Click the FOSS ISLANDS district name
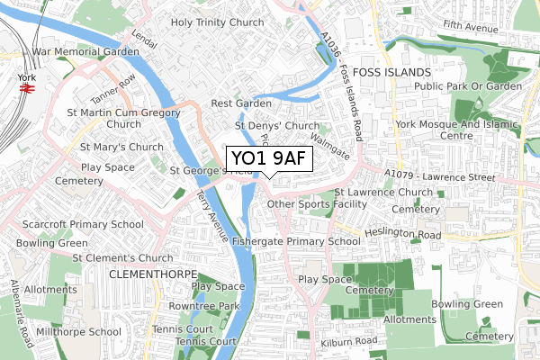coord(392,70)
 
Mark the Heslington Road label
coord(404,235)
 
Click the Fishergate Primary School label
coord(296,241)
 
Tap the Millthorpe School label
coord(78,331)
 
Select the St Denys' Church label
coord(276,126)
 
